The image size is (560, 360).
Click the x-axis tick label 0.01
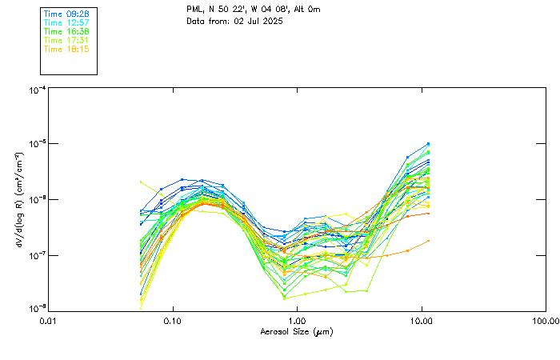click(x=49, y=321)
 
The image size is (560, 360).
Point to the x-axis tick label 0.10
click(x=173, y=321)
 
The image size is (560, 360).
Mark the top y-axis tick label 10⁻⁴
click(x=37, y=90)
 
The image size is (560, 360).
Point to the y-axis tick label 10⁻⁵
click(x=37, y=145)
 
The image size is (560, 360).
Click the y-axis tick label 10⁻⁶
click(x=37, y=200)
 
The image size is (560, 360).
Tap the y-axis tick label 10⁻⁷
click(x=37, y=255)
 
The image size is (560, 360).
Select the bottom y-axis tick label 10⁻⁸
click(x=37, y=309)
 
